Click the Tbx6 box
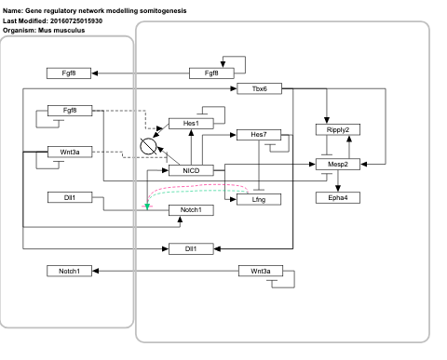pyautogui.click(x=260, y=88)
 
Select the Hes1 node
pyautogui.click(x=191, y=123)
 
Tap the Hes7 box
pyautogui.click(x=260, y=136)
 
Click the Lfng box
pyautogui.click(x=260, y=199)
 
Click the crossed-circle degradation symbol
pyautogui.click(x=146, y=146)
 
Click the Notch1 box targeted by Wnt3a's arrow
pyautogui.click(x=70, y=271)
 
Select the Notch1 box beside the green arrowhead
pyautogui.click(x=191, y=211)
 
